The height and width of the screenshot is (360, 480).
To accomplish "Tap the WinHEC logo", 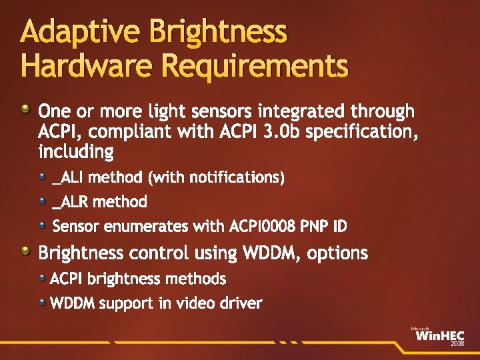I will point(437,335).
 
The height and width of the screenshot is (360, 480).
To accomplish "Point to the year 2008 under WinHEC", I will point(457,344).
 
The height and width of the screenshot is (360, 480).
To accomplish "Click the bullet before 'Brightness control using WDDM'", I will point(25,251).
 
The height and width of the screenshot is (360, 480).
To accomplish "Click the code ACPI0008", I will point(263,227).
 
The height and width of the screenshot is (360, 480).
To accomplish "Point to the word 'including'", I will point(76,153).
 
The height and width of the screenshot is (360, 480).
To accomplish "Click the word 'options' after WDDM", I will point(336,253).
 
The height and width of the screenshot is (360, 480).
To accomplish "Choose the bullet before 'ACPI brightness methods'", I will point(43,277).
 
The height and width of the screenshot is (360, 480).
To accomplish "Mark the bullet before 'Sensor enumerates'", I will point(43,225).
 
